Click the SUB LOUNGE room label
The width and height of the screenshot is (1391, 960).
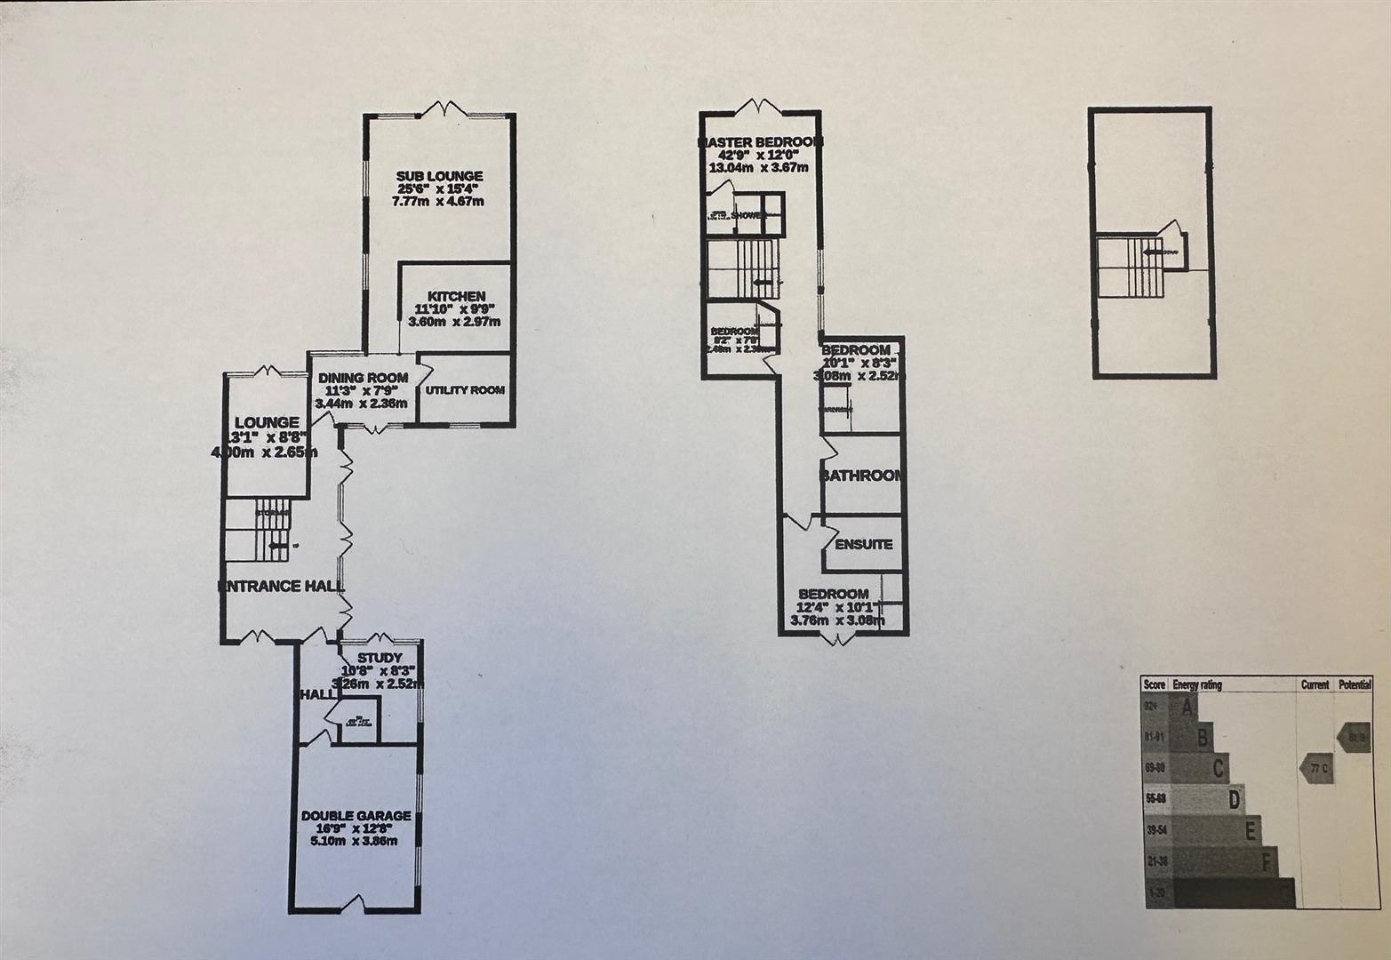(x=439, y=176)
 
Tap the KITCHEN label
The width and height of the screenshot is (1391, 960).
(x=457, y=296)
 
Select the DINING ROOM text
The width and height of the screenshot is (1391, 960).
(x=363, y=378)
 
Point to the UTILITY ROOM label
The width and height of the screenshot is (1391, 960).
(x=465, y=390)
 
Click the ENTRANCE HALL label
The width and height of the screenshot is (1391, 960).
(x=281, y=587)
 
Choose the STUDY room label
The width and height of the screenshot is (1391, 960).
(x=380, y=658)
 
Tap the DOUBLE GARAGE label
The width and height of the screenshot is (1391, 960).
(x=356, y=815)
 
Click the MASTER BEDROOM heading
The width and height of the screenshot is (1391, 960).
(x=761, y=142)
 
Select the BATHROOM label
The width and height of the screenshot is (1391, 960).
(x=861, y=476)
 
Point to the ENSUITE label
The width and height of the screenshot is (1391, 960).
(x=863, y=544)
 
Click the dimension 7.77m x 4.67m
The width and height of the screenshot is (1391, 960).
(x=439, y=201)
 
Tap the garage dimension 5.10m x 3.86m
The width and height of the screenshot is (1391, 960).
(x=356, y=840)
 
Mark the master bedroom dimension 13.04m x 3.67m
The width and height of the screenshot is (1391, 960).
(x=759, y=167)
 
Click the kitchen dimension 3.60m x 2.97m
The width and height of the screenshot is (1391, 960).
(x=453, y=321)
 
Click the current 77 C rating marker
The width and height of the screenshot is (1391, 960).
(x=1316, y=768)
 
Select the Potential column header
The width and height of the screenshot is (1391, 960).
(x=1355, y=684)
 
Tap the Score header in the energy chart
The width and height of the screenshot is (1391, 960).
(x=1154, y=684)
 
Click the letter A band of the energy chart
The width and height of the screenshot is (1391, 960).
(x=1187, y=708)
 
